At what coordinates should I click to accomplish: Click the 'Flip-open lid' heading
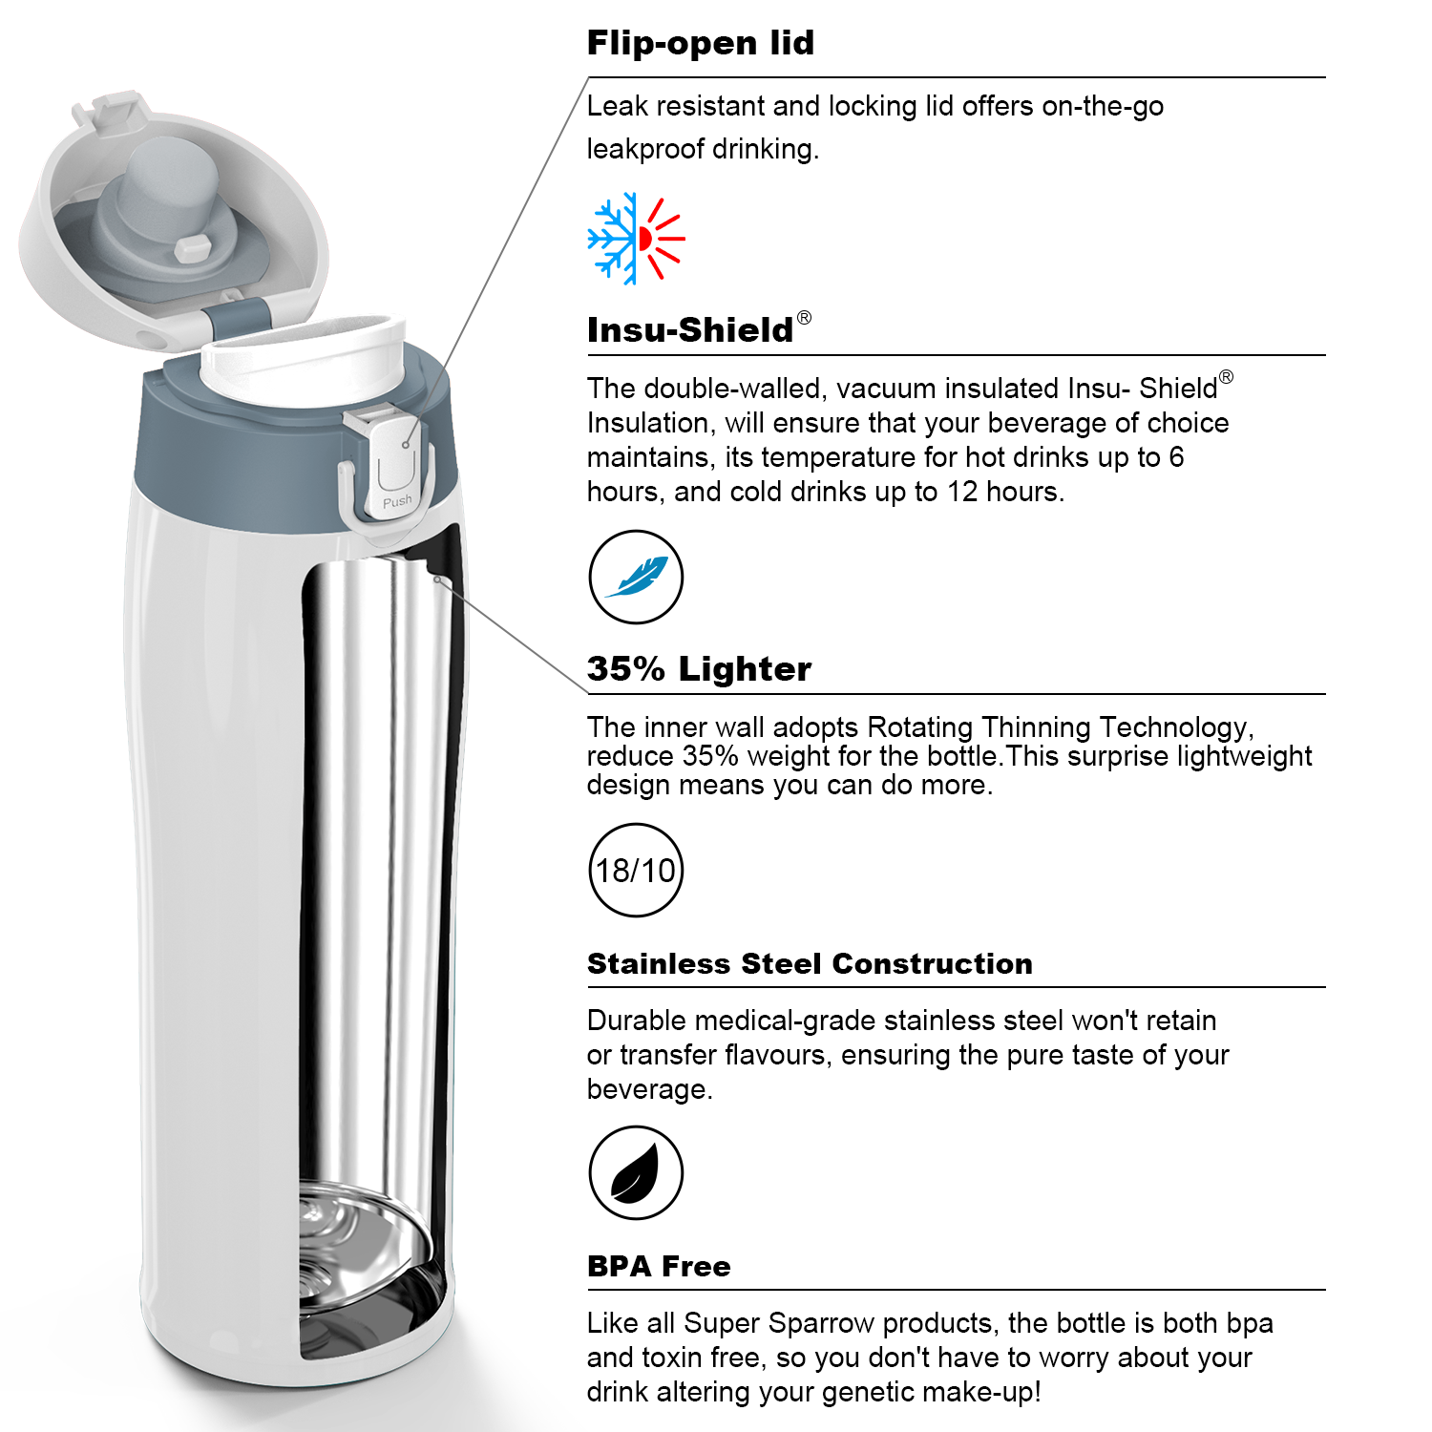tap(701, 43)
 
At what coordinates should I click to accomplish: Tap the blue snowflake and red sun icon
tap(636, 239)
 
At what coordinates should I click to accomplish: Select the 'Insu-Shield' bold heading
tap(690, 329)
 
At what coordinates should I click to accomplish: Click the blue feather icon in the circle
tap(636, 577)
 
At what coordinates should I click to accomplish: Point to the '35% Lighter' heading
tap(699, 668)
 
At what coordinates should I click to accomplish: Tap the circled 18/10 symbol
tap(636, 870)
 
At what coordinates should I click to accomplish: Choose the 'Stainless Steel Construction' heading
tap(810, 963)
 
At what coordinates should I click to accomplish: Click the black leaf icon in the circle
tap(636, 1172)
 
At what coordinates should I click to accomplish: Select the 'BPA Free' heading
tap(659, 1266)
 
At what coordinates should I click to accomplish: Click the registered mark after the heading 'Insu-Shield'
tap(804, 317)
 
